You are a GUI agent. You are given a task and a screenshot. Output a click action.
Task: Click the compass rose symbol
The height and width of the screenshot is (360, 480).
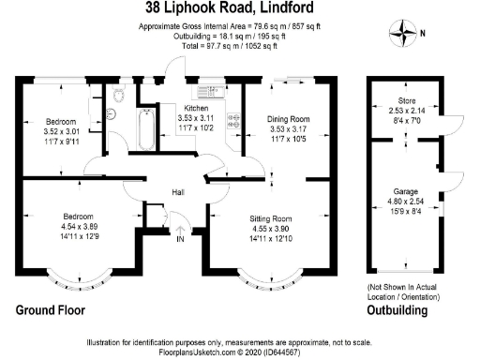pyautogui.click(x=403, y=33)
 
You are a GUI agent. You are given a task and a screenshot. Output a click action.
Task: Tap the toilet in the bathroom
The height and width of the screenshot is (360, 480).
pyautogui.click(x=119, y=94)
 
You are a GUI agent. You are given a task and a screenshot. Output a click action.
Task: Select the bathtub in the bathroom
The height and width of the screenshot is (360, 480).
pyautogui.click(x=146, y=129)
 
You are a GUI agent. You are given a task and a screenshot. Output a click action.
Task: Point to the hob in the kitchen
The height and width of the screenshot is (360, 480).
pyautogui.click(x=234, y=121)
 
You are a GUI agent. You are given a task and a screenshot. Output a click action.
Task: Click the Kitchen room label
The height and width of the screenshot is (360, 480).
pyautogui.click(x=196, y=108)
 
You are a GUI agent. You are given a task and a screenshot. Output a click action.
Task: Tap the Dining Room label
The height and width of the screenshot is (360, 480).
pyautogui.click(x=288, y=119)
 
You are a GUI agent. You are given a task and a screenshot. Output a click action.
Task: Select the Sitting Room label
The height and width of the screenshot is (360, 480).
pyautogui.click(x=271, y=218)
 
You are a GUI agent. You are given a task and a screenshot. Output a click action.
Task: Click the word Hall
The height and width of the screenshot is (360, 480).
pyautogui.click(x=178, y=192)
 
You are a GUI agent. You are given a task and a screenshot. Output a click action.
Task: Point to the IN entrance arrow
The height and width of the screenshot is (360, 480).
pyautogui.click(x=180, y=233)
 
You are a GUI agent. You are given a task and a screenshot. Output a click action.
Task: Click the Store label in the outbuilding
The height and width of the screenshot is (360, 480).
pyautogui.click(x=407, y=100)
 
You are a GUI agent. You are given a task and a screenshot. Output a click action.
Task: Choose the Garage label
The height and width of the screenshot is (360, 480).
pyautogui.click(x=406, y=191)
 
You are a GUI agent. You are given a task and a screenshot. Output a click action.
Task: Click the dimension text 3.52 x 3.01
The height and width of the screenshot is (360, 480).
pyautogui.click(x=62, y=131)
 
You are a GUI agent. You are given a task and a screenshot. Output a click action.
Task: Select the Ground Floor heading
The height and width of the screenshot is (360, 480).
pyautogui.click(x=51, y=310)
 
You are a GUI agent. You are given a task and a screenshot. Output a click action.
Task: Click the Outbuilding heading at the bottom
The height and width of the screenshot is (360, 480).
pyautogui.click(x=397, y=310)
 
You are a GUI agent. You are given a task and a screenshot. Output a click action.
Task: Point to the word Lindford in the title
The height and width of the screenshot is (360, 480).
pyautogui.click(x=287, y=7)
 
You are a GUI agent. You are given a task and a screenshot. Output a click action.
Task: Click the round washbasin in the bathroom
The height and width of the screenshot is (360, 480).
pyautogui.click(x=111, y=113)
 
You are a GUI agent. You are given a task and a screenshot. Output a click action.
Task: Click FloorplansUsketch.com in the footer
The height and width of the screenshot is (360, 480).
pyautogui.click(x=197, y=352)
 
